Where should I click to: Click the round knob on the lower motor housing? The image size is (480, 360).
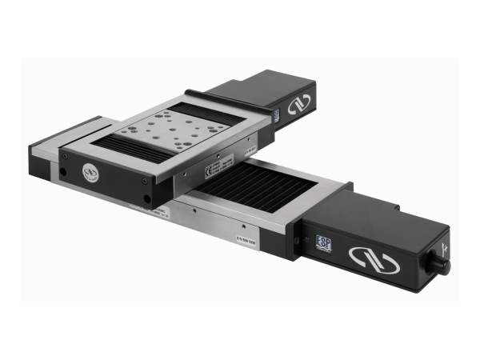pyautogui.click(x=439, y=264)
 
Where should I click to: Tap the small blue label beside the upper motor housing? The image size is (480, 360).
pyautogui.click(x=276, y=117)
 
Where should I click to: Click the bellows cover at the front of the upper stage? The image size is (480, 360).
pyautogui.click(x=128, y=149)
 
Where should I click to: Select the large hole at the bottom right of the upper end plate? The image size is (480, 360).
pyautogui.click(x=146, y=200)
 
